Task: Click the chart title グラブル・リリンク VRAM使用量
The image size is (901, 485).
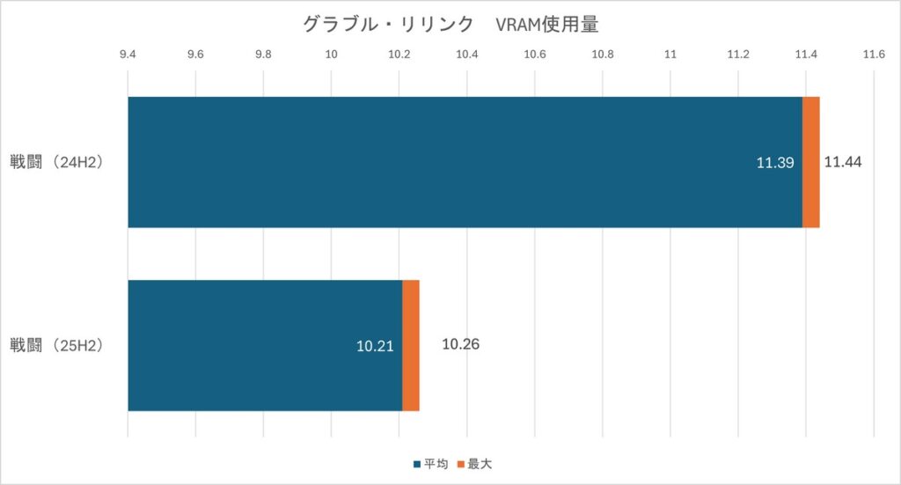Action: coord(450,25)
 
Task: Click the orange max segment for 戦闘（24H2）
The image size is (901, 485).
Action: coord(811,162)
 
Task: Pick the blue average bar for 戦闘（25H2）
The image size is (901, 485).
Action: coord(264,345)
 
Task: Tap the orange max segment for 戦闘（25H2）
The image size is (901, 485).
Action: coord(411,345)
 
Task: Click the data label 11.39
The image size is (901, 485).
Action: coord(775,163)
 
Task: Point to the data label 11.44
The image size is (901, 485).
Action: coord(843,162)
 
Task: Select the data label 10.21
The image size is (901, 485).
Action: coord(375,346)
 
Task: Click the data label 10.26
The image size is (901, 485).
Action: coord(460,344)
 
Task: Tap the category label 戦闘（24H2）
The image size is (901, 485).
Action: coord(57,163)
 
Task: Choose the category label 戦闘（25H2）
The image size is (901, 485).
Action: coord(57,345)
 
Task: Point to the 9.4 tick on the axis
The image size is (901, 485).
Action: coord(128,55)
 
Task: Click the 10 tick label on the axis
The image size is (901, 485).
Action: coord(332,55)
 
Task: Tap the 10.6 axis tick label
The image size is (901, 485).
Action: coord(535,55)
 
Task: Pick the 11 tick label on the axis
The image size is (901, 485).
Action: coord(670,55)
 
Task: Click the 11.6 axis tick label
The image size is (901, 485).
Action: coord(874,55)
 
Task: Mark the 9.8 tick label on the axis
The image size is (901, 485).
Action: coord(263,55)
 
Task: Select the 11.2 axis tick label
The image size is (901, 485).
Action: coord(738,55)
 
